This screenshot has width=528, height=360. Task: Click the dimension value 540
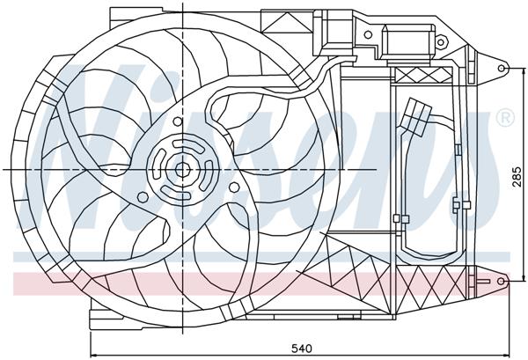click(301, 349)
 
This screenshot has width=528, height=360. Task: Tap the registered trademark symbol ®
click(505, 117)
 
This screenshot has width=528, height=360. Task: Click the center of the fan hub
click(181, 169)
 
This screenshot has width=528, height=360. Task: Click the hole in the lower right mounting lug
click(502, 280)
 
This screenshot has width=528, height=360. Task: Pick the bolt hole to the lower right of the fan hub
click(232, 186)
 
